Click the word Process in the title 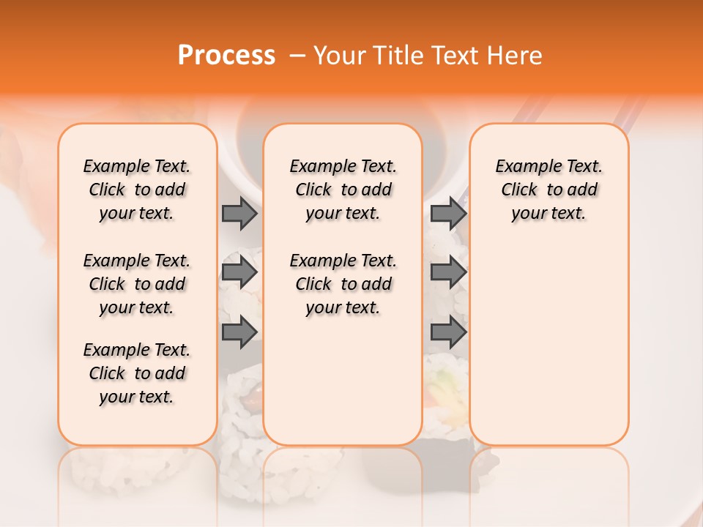pyautogui.click(x=226, y=56)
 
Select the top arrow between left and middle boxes pyautogui.click(x=239, y=213)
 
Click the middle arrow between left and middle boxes pyautogui.click(x=239, y=273)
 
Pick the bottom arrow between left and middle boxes pyautogui.click(x=239, y=333)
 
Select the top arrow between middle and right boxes pyautogui.click(x=448, y=213)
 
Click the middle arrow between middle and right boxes pyautogui.click(x=448, y=273)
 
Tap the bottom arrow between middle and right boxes pyautogui.click(x=448, y=333)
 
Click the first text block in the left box pyautogui.click(x=137, y=190)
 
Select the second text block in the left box pyautogui.click(x=137, y=284)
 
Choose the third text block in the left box pyautogui.click(x=137, y=373)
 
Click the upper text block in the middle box pyautogui.click(x=343, y=190)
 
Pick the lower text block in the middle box pyautogui.click(x=343, y=284)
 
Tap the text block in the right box pyautogui.click(x=549, y=190)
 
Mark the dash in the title pyautogui.click(x=297, y=56)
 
